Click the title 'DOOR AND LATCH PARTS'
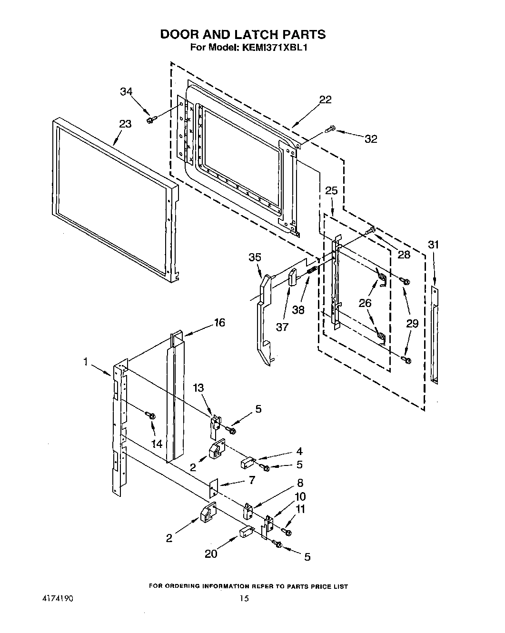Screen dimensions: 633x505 click(243, 34)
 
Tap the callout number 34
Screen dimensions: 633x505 click(126, 92)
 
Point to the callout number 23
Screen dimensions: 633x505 click(125, 124)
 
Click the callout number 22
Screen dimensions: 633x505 click(326, 99)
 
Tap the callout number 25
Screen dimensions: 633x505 click(331, 190)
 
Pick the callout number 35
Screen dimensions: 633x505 click(255, 257)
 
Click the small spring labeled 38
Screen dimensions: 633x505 click(312, 270)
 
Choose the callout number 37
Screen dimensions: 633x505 click(282, 327)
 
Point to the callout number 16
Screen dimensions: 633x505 click(219, 323)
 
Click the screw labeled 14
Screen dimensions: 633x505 click(152, 415)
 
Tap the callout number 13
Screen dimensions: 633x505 click(198, 388)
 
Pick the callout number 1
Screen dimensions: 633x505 click(86, 362)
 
